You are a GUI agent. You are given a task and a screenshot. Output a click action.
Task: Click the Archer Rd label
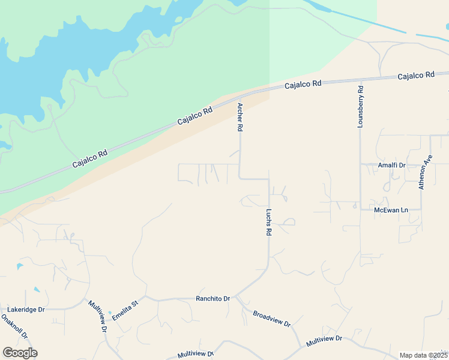pos(240,117)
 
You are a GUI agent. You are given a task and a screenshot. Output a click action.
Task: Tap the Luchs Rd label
pos(269,223)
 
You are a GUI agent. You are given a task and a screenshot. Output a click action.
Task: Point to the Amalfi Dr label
pos(391,165)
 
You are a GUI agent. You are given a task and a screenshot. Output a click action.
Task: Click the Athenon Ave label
pos(426,173)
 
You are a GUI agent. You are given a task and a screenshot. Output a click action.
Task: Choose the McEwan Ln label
pos(391,210)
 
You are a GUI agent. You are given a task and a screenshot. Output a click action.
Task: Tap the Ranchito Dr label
pos(213,298)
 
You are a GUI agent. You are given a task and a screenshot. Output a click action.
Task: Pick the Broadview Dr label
pos(271,319)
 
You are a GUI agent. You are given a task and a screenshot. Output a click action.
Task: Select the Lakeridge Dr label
pos(26,310)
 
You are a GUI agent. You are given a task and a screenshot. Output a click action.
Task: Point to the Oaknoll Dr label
pos(14,327)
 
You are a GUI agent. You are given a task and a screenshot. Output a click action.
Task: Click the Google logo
pos(20,353)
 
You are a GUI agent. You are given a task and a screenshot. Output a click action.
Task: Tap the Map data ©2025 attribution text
pos(423,355)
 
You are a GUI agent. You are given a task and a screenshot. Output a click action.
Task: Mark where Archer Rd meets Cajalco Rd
pos(240,96)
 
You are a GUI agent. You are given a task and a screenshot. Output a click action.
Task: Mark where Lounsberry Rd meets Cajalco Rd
pos(360,80)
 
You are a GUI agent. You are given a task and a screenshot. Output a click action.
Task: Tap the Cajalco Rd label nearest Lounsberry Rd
pos(416,76)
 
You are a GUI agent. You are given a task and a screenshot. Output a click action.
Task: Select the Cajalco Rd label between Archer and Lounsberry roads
pos(303,85)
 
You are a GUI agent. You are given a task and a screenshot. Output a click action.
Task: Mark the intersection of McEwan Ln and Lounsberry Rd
pos(360,208)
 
